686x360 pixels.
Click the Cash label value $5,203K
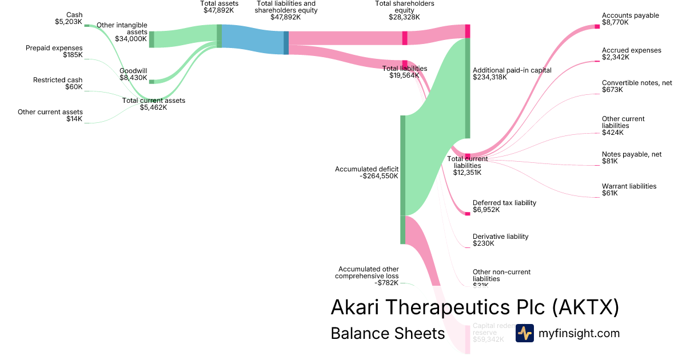(x=67, y=22)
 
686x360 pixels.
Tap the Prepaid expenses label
(x=54, y=48)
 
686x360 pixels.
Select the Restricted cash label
(x=57, y=80)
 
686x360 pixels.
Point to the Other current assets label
(x=50, y=112)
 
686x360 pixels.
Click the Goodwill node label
(x=133, y=71)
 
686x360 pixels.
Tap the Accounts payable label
(x=630, y=15)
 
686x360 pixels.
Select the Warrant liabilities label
(x=629, y=186)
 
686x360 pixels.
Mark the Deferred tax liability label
(x=504, y=203)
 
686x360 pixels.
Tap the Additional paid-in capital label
(x=512, y=70)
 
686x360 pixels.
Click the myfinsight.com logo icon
(x=524, y=333)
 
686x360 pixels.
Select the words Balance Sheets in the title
(x=388, y=333)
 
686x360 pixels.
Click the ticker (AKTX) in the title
(x=585, y=307)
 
